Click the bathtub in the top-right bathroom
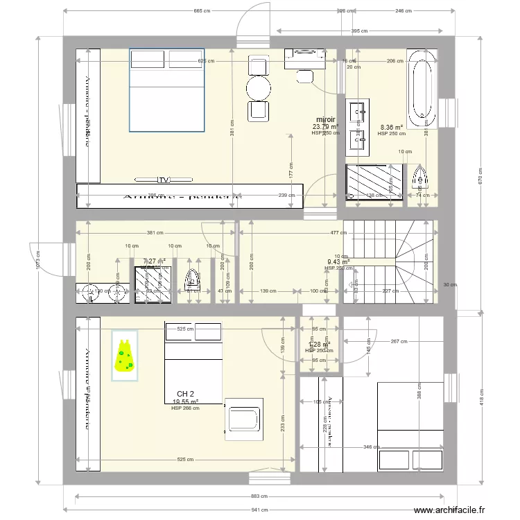coord(422,89)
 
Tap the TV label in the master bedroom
coord(164,180)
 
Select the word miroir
coord(325,119)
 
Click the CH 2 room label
coord(185,393)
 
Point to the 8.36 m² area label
coord(392,127)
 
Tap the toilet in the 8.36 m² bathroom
coord(420,179)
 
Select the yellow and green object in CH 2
coord(125,356)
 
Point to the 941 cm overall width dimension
coord(259,510)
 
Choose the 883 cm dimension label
coord(259,496)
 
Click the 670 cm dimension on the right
coord(478,173)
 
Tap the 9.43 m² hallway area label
coord(338,261)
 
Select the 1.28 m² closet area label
coord(319,344)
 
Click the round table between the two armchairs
coord(259,87)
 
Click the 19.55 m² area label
coord(185,401)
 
